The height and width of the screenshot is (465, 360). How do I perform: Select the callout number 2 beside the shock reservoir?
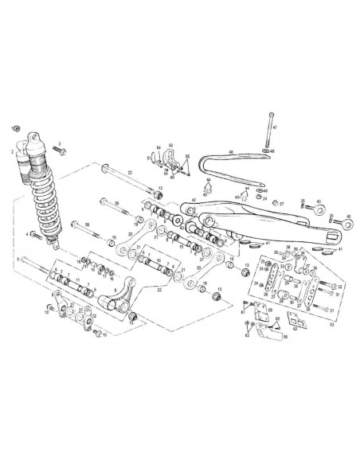tap(12, 150)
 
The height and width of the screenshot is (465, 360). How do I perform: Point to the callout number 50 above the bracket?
tap(170, 146)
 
